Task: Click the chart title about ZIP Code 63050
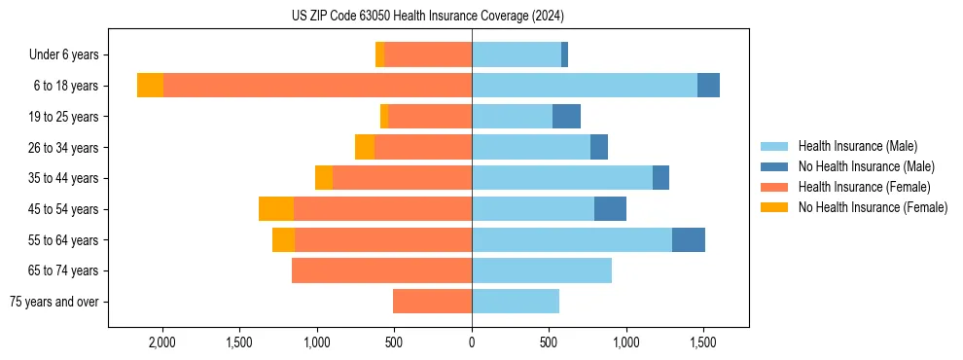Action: coord(427,17)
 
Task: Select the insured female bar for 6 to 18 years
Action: coord(317,86)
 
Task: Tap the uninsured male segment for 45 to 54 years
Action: coord(610,209)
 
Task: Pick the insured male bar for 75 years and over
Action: coord(516,302)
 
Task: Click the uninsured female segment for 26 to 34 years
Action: coord(365,147)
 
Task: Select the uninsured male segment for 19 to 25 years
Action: coord(566,117)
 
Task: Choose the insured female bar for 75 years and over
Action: coord(432,302)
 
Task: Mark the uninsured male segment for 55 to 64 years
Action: coord(689,239)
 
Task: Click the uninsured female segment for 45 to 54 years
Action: coord(276,209)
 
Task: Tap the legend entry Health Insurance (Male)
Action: coord(857,146)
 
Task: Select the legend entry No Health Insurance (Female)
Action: coord(873,207)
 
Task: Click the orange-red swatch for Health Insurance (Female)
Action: coord(774,187)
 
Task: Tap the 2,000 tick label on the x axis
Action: coord(161,342)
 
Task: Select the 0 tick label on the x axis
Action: coord(472,342)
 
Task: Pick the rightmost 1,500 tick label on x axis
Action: coord(703,342)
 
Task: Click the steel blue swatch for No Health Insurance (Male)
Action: coord(774,166)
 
